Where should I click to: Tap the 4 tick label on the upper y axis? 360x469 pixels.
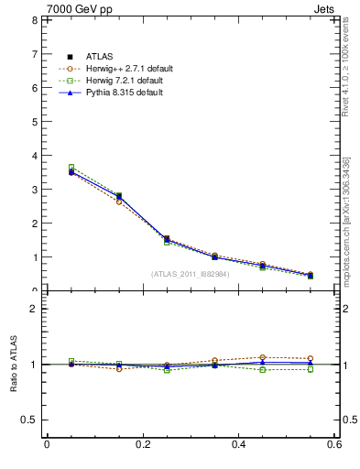pyautogui.click(x=33, y=156)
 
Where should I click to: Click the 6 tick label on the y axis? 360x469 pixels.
pyautogui.click(x=33, y=88)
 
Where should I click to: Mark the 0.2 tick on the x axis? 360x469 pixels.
pyautogui.click(x=142, y=444)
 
